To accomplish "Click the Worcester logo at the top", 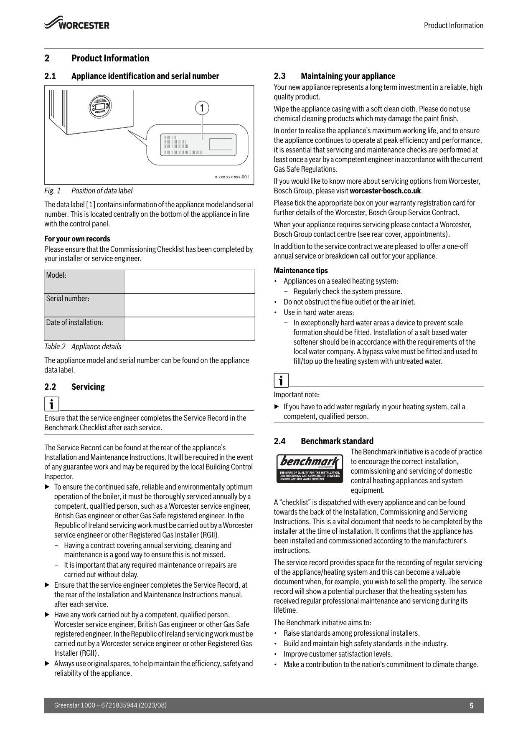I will (77, 23).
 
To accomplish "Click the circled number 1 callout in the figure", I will (202, 108).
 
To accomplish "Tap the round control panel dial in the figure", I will (100, 107).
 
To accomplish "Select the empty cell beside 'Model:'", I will (189, 282).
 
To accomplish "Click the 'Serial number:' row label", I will (68, 299).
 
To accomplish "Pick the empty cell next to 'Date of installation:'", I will (189, 329).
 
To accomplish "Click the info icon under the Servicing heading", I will (52, 404).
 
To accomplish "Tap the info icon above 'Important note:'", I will (281, 380).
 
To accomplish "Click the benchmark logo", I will (310, 468).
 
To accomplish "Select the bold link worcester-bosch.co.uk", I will (385, 191).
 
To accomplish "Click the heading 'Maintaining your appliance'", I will (348, 76).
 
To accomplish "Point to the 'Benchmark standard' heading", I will (337, 441).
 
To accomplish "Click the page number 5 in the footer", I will (471, 705).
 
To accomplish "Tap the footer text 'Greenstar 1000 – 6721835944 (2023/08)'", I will (110, 705).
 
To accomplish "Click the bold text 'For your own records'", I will (77, 239).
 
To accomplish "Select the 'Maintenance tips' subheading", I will (301, 271).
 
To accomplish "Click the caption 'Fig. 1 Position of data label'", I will (89, 191).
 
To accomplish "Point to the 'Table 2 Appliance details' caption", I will (83, 347).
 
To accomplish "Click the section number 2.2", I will (50, 387).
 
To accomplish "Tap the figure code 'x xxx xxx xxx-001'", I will (232, 177).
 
